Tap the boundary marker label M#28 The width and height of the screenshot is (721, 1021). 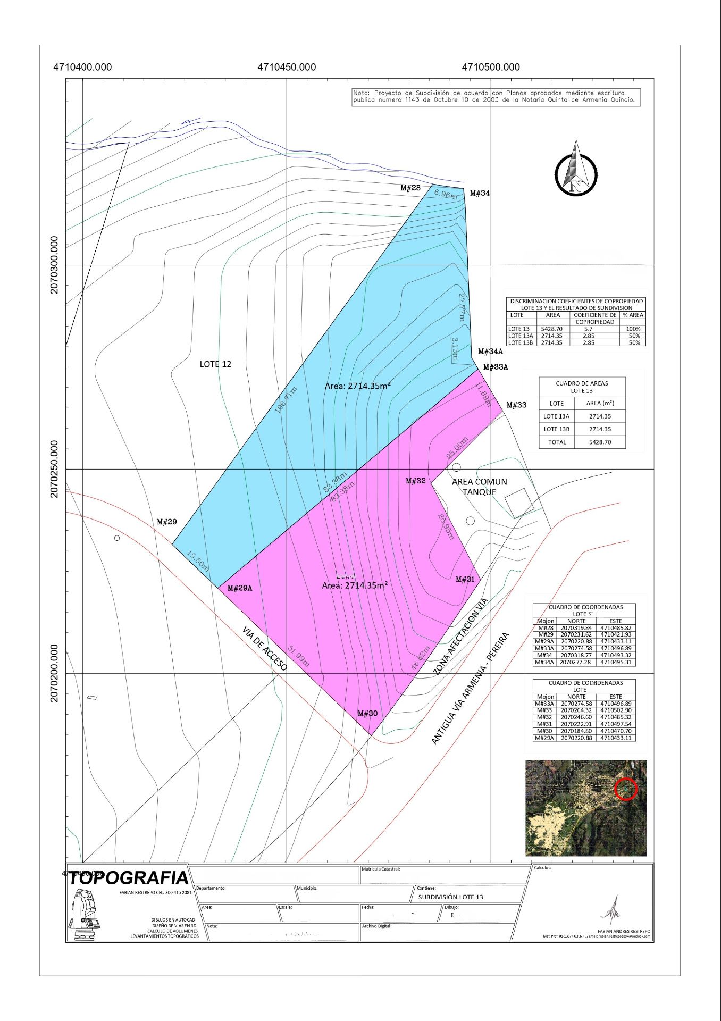click(x=410, y=188)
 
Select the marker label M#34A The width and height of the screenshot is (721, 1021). click(x=490, y=352)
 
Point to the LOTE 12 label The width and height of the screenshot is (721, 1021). click(x=215, y=364)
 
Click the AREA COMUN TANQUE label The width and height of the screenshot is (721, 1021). click(x=479, y=487)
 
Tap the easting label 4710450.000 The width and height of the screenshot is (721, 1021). click(x=287, y=68)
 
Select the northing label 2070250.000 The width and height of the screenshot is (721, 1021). click(x=54, y=469)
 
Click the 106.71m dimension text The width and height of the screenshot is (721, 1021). click(x=286, y=400)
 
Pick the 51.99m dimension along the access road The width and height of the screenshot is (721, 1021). click(x=298, y=656)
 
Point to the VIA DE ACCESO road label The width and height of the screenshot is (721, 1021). click(x=265, y=648)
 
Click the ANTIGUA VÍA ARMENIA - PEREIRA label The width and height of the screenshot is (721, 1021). click(x=470, y=688)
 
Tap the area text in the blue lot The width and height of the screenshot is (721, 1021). click(x=358, y=386)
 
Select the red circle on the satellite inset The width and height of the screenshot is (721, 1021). click(x=626, y=789)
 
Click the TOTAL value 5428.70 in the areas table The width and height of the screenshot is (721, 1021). click(x=600, y=442)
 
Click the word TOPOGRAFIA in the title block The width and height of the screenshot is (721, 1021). click(x=128, y=878)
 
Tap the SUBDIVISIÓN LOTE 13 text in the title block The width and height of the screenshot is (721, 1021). click(x=450, y=897)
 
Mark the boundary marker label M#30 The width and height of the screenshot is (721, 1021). click(x=367, y=713)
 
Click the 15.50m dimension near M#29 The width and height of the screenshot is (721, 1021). click(x=198, y=562)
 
